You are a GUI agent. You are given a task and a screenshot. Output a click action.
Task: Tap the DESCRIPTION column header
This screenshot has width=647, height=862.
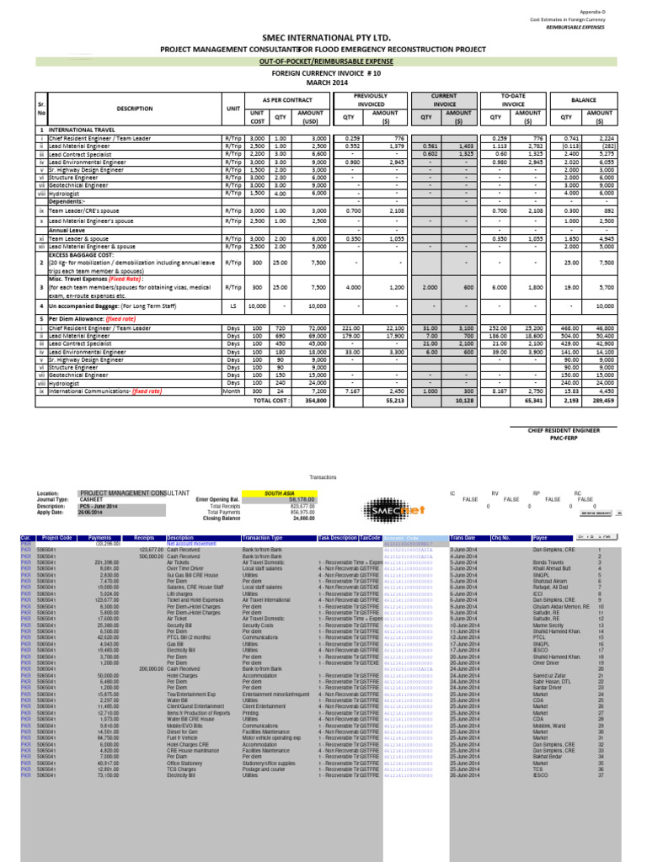[135, 109]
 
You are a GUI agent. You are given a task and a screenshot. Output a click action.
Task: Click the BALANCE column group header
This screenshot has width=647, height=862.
[583, 98]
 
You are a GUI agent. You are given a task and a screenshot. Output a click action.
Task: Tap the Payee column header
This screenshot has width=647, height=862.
[541, 537]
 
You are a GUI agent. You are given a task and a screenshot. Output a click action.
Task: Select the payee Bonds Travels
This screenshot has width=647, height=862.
[548, 561]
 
